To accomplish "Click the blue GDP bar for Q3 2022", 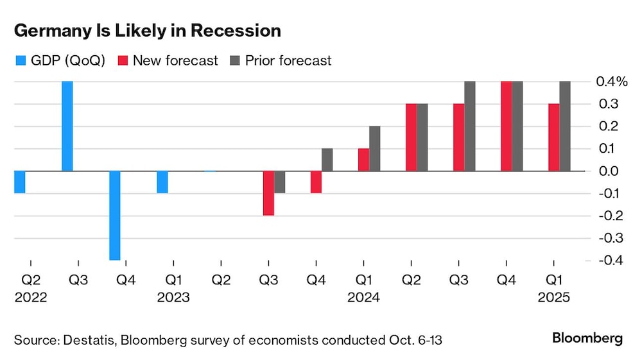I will pyautogui.click(x=67, y=126).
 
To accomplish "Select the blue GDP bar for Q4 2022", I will pyautogui.click(x=114, y=215).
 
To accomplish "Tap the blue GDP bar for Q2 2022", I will pyautogui.click(x=19, y=182).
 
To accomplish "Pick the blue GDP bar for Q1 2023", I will pyautogui.click(x=162, y=182).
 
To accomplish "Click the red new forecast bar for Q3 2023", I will pyautogui.click(x=268, y=193).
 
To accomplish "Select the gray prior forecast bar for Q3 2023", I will pyautogui.click(x=279, y=182).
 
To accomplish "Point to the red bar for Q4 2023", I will pyautogui.click(x=316, y=182).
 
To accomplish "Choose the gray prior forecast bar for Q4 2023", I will pyautogui.click(x=327, y=160).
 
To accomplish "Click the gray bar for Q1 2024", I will pyautogui.click(x=374, y=148).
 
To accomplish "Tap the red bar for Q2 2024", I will pyautogui.click(x=411, y=137).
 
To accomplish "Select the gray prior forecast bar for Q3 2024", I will pyautogui.click(x=469, y=126).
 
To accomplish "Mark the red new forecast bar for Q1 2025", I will pyautogui.click(x=553, y=137).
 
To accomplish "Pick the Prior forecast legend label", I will pyautogui.click(x=288, y=61).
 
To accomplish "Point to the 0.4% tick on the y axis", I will pyautogui.click(x=611, y=81).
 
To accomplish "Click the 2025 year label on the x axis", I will pyautogui.click(x=553, y=298).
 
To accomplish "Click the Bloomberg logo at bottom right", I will pyautogui.click(x=587, y=338).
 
